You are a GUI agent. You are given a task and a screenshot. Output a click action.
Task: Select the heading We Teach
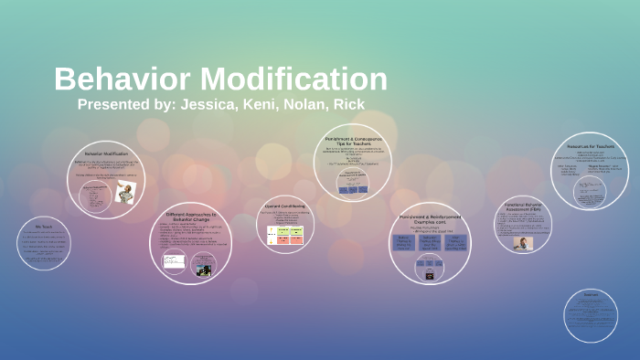point(44,227)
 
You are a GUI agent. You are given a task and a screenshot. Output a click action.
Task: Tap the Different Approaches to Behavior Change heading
point(191,218)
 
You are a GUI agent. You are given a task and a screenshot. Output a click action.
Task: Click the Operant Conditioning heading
point(283,206)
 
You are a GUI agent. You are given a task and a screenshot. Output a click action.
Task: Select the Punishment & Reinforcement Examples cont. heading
point(429,220)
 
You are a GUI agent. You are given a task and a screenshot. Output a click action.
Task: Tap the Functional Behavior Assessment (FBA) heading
point(526,209)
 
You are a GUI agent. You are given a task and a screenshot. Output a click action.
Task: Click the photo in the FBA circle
point(522,244)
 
